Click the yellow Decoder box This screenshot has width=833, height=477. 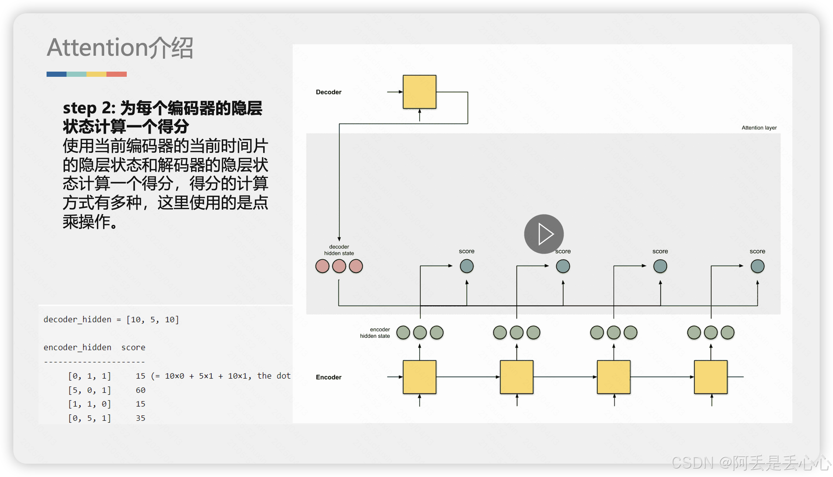(x=419, y=92)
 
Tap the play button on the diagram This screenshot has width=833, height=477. (x=544, y=234)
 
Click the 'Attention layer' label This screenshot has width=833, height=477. (x=759, y=128)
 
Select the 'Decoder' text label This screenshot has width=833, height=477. (x=329, y=92)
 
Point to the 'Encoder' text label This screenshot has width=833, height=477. (x=329, y=377)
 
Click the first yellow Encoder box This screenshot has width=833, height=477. (x=419, y=377)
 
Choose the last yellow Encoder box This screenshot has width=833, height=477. (x=710, y=377)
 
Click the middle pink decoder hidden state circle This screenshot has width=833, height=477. (x=339, y=266)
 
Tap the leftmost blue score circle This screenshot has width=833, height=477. (x=466, y=266)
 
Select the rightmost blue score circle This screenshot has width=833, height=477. (x=757, y=266)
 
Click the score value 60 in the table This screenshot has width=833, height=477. (x=140, y=390)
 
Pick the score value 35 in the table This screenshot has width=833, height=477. (x=140, y=418)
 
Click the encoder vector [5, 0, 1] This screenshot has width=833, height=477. (x=89, y=390)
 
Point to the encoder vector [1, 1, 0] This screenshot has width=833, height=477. (x=89, y=404)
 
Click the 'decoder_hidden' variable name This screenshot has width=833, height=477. (x=77, y=320)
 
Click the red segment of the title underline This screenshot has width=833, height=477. (x=116, y=74)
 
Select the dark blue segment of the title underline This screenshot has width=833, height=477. (x=57, y=74)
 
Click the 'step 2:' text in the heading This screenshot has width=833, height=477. (x=89, y=108)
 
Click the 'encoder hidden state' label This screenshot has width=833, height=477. (x=375, y=333)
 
